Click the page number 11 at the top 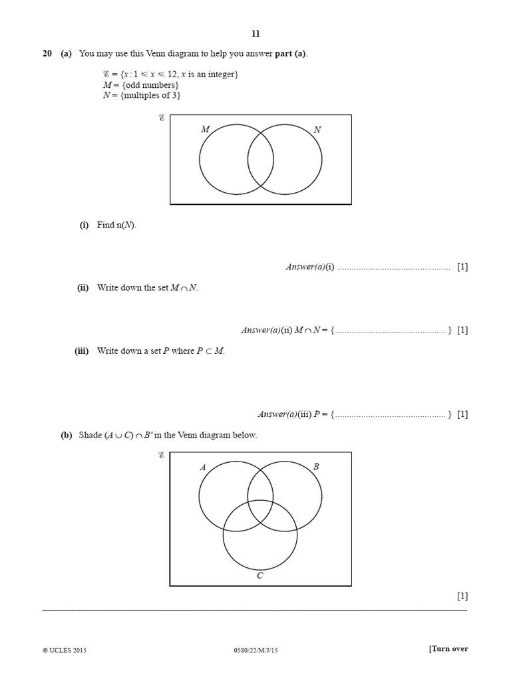pyautogui.click(x=255, y=34)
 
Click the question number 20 pyautogui.click(x=47, y=54)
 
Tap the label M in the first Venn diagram pyautogui.click(x=206, y=130)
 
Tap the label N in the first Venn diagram pyautogui.click(x=317, y=130)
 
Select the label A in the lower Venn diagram pyautogui.click(x=203, y=468)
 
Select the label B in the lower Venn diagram pyautogui.click(x=316, y=467)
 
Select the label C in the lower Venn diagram pyautogui.click(x=260, y=576)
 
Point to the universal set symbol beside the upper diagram pyautogui.click(x=162, y=118)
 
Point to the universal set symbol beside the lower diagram pyautogui.click(x=162, y=456)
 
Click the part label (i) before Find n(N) pyautogui.click(x=85, y=225)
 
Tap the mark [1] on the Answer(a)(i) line pyautogui.click(x=462, y=267)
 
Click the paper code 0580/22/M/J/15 pyautogui.click(x=255, y=650)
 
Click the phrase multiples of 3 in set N pyautogui.click(x=150, y=95)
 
